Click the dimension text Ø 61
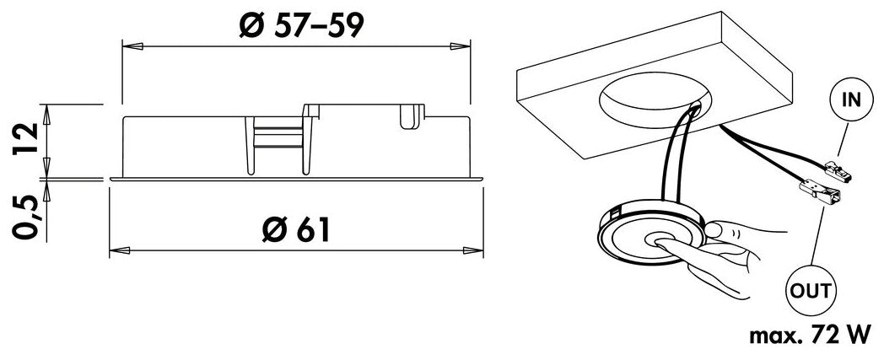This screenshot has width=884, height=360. [x=294, y=228]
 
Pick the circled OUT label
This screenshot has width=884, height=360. [x=811, y=292]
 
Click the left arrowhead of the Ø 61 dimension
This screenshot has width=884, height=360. [x=118, y=250]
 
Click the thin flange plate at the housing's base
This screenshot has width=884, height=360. [x=296, y=179]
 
